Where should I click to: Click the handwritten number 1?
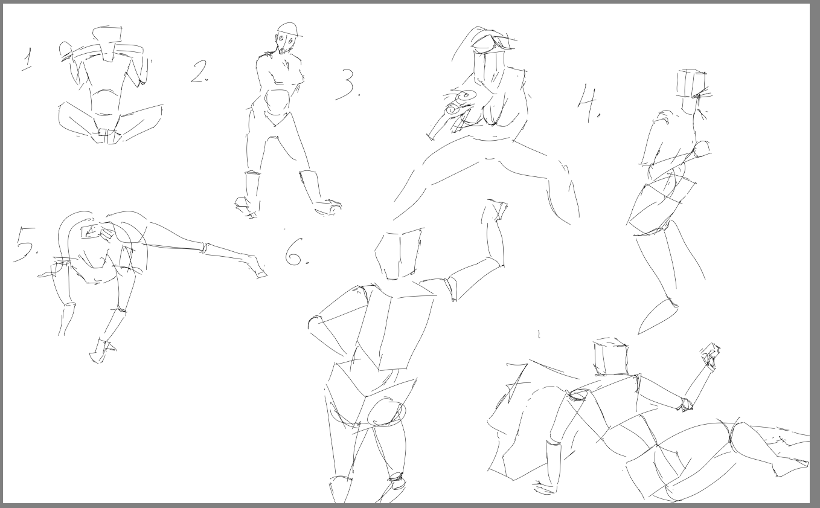point(27,59)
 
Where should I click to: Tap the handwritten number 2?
point(199,72)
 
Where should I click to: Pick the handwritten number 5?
point(25,244)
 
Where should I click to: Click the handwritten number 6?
point(296,252)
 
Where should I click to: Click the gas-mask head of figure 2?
point(287,39)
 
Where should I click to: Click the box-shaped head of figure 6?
point(399,254)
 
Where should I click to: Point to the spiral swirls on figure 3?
point(460,103)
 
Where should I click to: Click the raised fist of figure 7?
point(710,355)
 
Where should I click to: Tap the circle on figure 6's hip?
point(387,413)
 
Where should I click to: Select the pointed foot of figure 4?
point(657,317)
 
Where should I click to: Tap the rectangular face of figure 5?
point(92,232)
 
